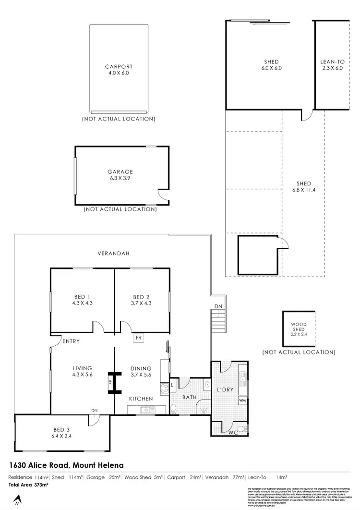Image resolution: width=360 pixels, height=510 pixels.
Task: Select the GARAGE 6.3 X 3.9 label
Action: (120, 175)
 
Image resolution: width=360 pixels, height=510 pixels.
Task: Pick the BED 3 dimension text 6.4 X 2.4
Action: (60, 437)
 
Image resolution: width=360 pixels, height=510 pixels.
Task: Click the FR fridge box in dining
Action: (139, 338)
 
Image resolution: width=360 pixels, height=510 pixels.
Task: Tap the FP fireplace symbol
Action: (110, 382)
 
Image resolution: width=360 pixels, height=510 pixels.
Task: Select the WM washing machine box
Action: (242, 400)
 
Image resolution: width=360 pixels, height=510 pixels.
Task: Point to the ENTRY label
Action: (70, 341)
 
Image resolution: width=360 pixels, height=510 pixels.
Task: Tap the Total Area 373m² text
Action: (28, 486)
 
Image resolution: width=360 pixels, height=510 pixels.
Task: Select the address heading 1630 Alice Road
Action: (66, 465)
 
